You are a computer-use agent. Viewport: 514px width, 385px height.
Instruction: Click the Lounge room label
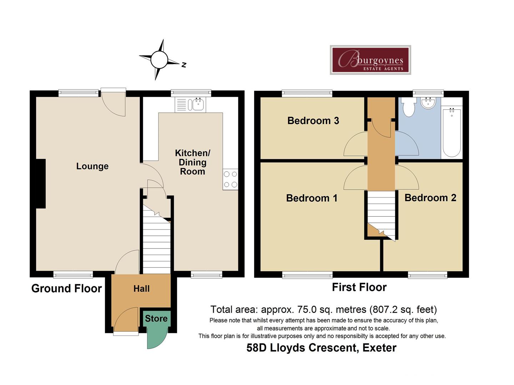pyautogui.click(x=92, y=166)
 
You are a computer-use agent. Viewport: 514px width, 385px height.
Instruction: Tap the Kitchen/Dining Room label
pyautogui.click(x=192, y=162)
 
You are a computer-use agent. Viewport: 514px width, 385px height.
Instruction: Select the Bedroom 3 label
pyautogui.click(x=313, y=120)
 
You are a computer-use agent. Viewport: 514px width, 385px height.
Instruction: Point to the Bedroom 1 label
pyautogui.click(x=312, y=198)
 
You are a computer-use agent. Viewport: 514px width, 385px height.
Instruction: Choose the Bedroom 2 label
pyautogui.click(x=430, y=197)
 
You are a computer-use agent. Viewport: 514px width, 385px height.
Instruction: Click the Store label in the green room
pyautogui.click(x=156, y=318)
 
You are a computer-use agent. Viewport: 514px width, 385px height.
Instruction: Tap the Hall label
pyautogui.click(x=141, y=288)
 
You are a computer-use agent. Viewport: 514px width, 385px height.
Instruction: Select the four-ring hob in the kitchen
pyautogui.click(x=231, y=179)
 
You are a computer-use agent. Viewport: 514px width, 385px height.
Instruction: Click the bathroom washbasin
pyautogui.click(x=428, y=103)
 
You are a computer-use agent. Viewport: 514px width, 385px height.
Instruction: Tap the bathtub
pyautogui.click(x=452, y=132)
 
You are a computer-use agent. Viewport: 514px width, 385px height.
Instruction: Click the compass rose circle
pyautogui.click(x=159, y=60)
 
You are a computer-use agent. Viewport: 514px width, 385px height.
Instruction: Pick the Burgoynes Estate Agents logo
pyautogui.click(x=371, y=60)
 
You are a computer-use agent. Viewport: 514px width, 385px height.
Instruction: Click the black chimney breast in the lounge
pyautogui.click(x=41, y=184)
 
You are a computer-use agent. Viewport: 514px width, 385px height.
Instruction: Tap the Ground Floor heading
pyautogui.click(x=66, y=288)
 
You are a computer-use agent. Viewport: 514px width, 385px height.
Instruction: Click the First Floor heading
pyautogui.click(x=359, y=287)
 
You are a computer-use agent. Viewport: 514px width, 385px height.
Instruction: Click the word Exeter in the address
pyautogui.click(x=379, y=348)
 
